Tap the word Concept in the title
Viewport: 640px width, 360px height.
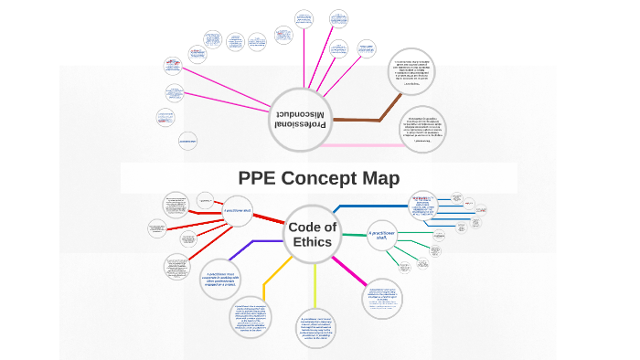coord(322,178)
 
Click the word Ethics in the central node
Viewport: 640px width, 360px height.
coord(313,242)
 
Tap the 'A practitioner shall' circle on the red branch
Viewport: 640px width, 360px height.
coord(238,211)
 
